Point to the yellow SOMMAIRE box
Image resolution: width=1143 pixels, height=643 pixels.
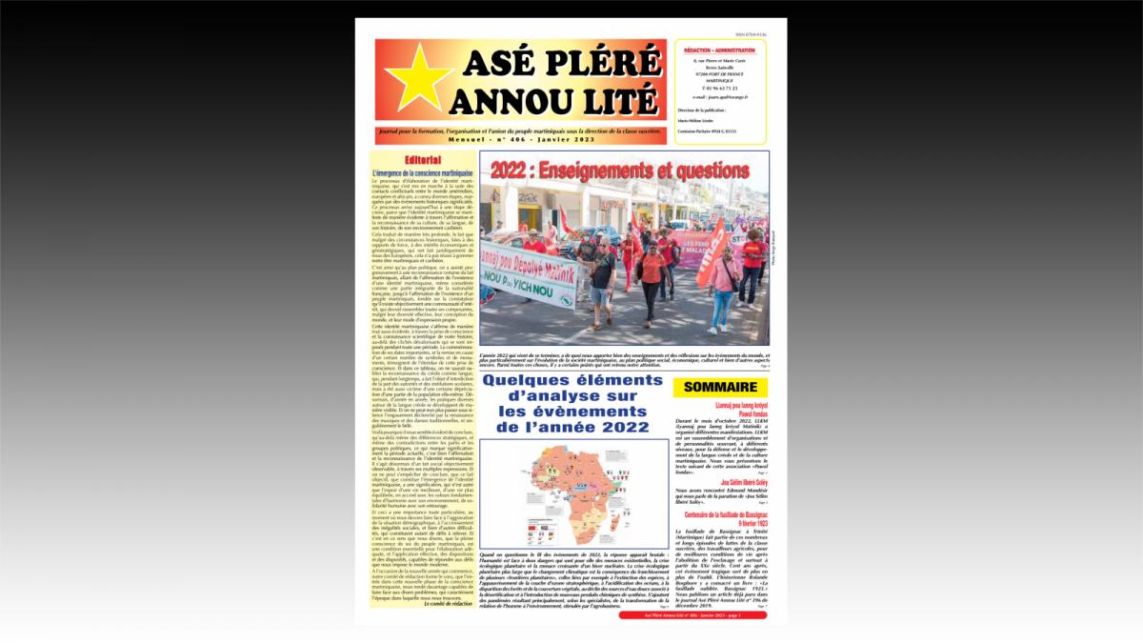(720, 387)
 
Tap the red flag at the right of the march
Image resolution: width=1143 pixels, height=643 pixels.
(713, 253)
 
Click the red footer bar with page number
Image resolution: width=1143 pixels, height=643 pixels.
(693, 614)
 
